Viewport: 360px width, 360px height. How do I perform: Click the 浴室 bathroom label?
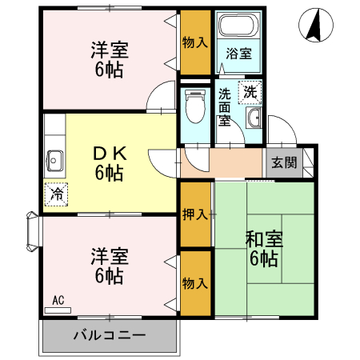click(x=238, y=54)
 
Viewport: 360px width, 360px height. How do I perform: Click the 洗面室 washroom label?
click(x=226, y=107)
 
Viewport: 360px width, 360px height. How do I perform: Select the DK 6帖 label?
click(x=109, y=162)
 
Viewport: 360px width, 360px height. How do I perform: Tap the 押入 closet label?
click(x=195, y=214)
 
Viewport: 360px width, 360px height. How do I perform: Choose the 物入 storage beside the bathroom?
click(x=195, y=42)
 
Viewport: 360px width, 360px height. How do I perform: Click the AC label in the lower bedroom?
click(x=58, y=301)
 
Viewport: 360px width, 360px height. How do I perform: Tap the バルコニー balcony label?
click(x=109, y=335)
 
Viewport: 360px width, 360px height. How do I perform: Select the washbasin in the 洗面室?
click(x=254, y=119)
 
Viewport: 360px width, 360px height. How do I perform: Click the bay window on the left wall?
click(x=32, y=233)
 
